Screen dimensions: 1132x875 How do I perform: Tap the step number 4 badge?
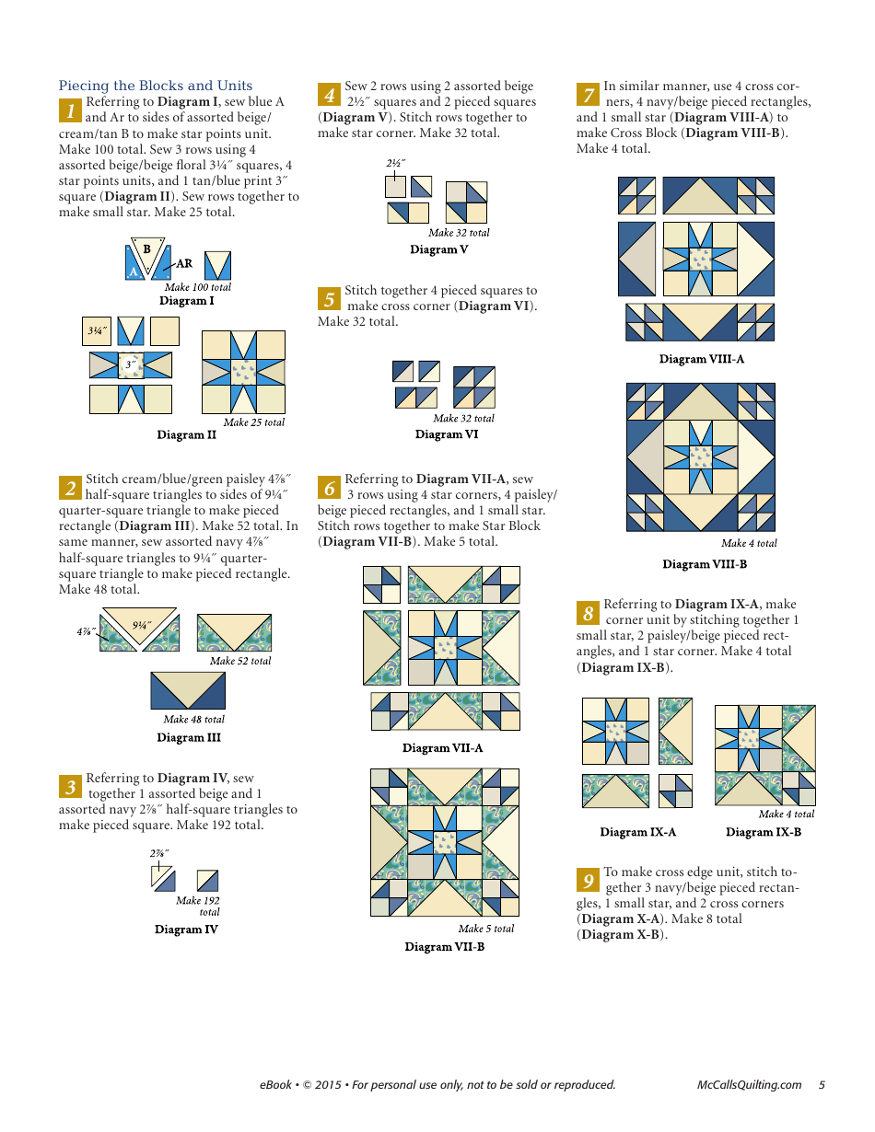coord(330,95)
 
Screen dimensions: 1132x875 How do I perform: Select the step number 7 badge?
coord(589,95)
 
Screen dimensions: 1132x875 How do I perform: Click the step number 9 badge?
coord(589,880)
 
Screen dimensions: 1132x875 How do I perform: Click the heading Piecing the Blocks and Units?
coord(156,86)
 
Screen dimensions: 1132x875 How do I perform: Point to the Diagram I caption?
coord(187,301)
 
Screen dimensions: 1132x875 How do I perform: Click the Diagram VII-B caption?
coord(445,947)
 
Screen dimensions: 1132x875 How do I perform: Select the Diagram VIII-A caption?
coord(702,359)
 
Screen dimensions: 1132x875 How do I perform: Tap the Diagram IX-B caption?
coord(764,832)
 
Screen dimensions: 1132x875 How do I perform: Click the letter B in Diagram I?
coord(146,249)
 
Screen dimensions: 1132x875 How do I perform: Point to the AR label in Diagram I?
coord(184,263)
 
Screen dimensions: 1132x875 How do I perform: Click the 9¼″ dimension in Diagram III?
coord(141,625)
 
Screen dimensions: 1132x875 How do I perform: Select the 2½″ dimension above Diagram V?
coord(396,164)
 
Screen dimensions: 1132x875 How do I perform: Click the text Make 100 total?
coord(198,287)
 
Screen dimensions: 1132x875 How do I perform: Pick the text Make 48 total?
coord(194,720)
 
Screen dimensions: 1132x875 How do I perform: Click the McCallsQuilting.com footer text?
coord(750,1085)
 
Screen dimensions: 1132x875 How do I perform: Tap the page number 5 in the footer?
coord(822,1085)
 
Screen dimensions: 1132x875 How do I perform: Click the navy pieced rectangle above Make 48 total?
coord(188,690)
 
